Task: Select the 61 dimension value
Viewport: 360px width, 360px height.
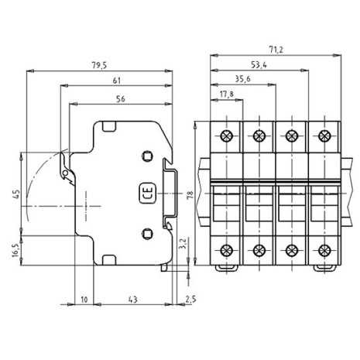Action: click(x=115, y=79)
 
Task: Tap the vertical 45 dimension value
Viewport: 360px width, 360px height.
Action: click(x=15, y=194)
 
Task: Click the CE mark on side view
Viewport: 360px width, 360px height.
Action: click(x=145, y=194)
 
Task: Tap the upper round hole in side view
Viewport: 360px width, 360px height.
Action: click(x=147, y=157)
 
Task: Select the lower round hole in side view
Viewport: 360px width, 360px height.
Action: click(x=147, y=232)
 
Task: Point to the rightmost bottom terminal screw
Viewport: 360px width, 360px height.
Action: click(x=322, y=250)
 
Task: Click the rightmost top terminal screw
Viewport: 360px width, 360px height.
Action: click(x=322, y=135)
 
